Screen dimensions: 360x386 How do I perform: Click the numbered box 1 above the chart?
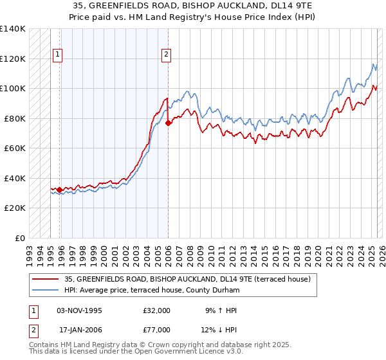(58, 55)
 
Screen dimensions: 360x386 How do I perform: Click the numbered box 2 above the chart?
(166, 55)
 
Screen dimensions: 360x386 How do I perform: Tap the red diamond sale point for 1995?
(60, 190)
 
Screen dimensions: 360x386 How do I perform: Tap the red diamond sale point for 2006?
(168, 123)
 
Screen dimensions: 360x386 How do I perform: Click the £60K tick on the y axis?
(14, 148)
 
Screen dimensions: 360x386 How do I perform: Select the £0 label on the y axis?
(20, 238)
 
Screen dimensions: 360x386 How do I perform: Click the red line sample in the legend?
(45, 279)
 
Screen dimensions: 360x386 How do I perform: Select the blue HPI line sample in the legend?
(45, 290)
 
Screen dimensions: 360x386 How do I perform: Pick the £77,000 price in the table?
(156, 330)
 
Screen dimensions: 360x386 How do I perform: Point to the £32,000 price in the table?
(156, 310)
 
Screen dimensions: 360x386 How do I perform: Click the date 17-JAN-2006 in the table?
(80, 330)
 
